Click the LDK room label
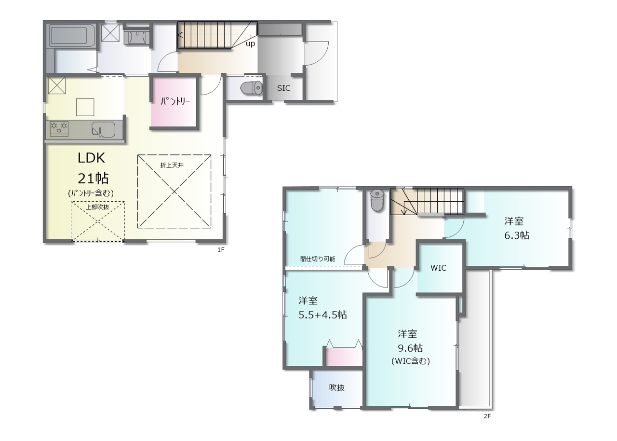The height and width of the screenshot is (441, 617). click(x=91, y=158)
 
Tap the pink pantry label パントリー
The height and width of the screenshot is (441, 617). click(x=175, y=102)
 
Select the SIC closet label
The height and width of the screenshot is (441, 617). click(x=283, y=88)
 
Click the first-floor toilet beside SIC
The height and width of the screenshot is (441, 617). click(x=252, y=88)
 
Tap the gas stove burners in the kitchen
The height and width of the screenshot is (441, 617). click(x=59, y=129)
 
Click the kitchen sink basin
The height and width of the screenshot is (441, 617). click(x=103, y=129)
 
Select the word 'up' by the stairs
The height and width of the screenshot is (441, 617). click(x=250, y=44)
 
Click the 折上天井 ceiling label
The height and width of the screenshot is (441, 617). click(x=172, y=165)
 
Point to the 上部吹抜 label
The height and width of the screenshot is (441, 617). click(x=97, y=207)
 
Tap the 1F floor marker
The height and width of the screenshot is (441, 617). click(x=221, y=250)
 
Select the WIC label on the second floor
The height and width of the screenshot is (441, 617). click(x=439, y=268)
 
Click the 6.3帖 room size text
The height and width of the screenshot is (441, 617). click(x=517, y=235)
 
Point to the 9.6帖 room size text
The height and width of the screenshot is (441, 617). click(x=410, y=348)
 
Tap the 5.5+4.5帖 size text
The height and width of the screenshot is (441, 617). click(x=322, y=315)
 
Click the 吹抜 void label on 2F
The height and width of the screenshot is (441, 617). click(x=336, y=388)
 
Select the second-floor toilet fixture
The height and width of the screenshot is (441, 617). click(x=377, y=201)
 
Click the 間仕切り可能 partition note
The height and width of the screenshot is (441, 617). click(x=318, y=259)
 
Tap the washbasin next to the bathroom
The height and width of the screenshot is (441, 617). click(x=136, y=38)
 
